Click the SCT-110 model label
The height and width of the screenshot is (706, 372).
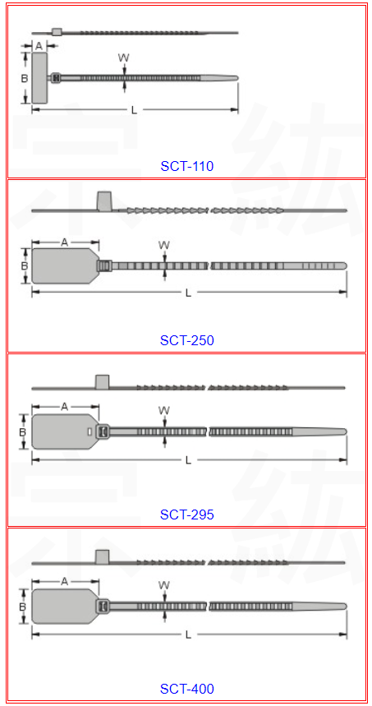coord(186,166)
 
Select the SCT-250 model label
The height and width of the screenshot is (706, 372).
coord(186,340)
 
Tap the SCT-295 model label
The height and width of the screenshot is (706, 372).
coord(186,515)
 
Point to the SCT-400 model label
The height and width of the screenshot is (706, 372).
coord(186,689)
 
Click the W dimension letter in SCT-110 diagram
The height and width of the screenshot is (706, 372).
coord(124,58)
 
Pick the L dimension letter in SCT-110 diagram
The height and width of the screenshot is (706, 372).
coord(134,110)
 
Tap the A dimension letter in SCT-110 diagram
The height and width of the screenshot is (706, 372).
coord(39,45)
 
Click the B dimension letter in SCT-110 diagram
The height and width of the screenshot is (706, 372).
coord(25,78)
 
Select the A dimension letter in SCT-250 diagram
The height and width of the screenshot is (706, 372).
coord(64,242)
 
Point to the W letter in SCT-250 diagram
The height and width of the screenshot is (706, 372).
coord(164,245)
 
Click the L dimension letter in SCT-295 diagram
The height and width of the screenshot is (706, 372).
coord(189,460)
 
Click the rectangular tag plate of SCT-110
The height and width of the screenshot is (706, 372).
coord(39,78)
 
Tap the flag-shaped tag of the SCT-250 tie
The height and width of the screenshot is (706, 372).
coord(65,266)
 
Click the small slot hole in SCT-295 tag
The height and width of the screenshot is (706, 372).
coord(89,431)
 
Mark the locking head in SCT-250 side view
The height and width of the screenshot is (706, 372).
coord(105,201)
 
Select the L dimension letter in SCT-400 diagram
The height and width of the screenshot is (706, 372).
coord(189,634)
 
